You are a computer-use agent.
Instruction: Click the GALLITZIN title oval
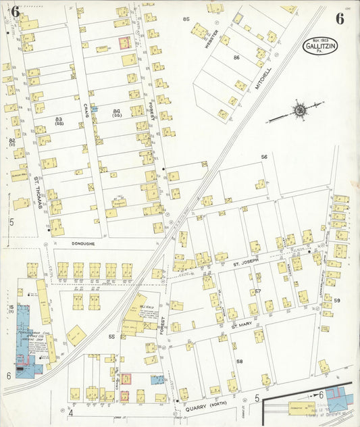321,47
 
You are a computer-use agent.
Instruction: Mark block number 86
236,57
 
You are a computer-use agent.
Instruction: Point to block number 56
264,157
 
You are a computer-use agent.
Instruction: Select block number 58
239,361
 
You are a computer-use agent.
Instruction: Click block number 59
336,299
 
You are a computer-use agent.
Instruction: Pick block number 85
186,19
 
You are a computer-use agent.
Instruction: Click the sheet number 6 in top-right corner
339,18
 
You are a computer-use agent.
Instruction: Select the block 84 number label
117,111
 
